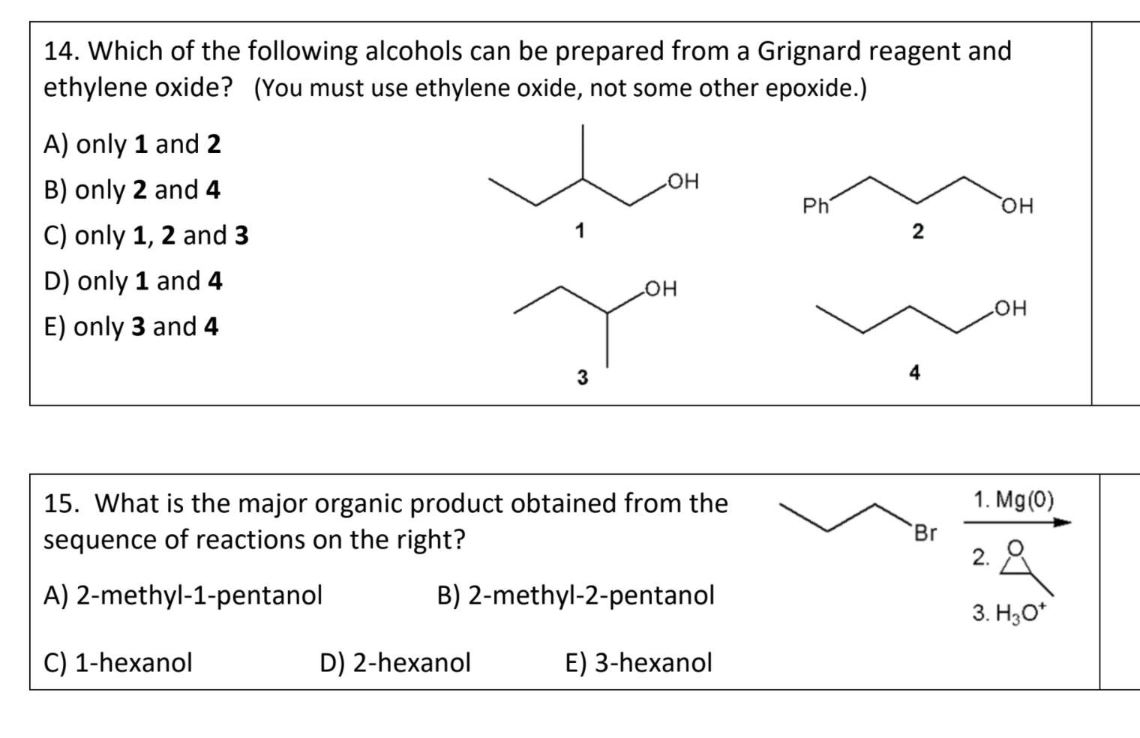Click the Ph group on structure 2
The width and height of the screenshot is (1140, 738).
point(814,205)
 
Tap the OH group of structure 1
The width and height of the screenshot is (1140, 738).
point(682,181)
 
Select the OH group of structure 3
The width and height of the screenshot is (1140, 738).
point(660,289)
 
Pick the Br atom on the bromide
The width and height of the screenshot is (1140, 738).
point(925,533)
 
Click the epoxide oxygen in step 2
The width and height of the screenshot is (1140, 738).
point(1015,547)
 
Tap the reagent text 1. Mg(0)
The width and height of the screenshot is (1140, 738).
point(1013,499)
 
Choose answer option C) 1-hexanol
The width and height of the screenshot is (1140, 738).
point(118,662)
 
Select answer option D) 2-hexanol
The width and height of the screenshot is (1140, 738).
point(394,662)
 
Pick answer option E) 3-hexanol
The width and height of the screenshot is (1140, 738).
point(637,662)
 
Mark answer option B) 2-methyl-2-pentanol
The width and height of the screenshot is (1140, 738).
point(575,595)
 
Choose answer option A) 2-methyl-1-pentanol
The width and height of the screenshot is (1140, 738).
point(183,595)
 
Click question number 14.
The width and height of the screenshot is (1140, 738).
point(62,51)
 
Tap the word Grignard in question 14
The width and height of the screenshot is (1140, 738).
point(808,51)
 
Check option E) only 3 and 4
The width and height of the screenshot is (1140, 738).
point(131,327)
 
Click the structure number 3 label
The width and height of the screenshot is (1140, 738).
point(582,377)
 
